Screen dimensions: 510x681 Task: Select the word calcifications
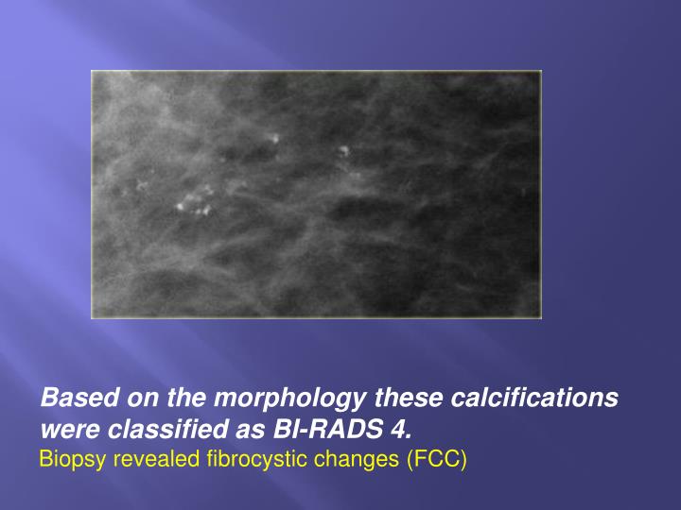(533, 399)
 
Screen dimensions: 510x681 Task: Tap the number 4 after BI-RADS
(398, 431)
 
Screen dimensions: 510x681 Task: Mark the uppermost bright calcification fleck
(275, 139)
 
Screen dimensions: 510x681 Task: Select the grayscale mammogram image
(316, 194)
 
